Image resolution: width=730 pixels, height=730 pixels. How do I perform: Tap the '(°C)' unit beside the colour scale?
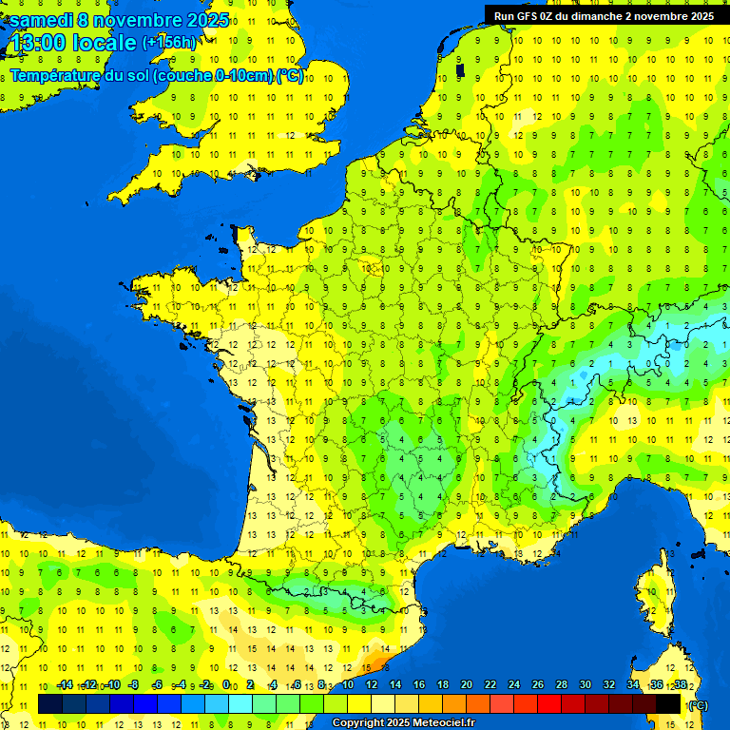(698, 705)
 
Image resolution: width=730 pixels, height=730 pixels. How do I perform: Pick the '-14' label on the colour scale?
(65, 685)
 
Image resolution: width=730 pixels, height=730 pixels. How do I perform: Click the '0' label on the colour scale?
(226, 685)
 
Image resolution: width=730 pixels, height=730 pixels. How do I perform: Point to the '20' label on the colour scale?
(466, 685)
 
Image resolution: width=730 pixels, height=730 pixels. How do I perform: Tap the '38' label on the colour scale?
(681, 685)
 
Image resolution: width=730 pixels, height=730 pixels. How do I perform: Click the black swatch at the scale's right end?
(669, 704)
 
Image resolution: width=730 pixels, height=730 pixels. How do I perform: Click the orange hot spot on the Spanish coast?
(376, 660)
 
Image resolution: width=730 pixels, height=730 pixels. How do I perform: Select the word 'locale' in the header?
(100, 44)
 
